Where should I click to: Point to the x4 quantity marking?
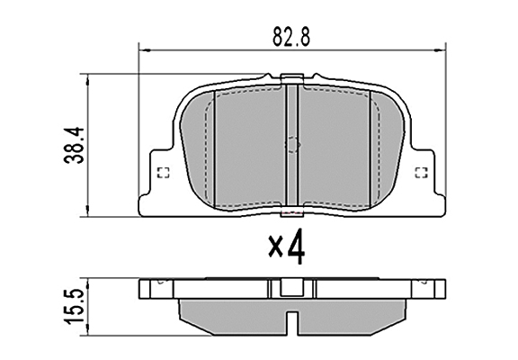point(286,247)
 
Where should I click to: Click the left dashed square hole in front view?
point(162,175)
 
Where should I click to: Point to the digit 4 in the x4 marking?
point(297,246)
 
